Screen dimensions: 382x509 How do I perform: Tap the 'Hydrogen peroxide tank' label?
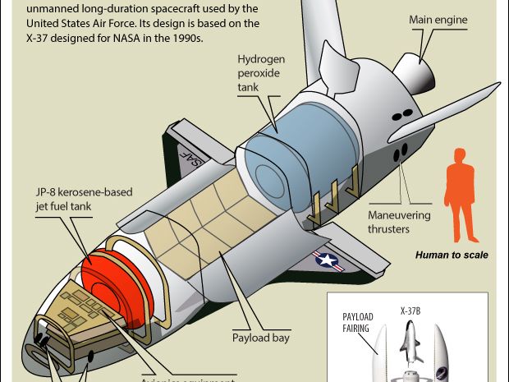(x=262, y=73)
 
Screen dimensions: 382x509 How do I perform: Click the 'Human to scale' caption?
(x=451, y=255)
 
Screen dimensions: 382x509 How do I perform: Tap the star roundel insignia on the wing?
(x=326, y=261)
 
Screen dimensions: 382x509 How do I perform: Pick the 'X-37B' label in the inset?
(x=410, y=311)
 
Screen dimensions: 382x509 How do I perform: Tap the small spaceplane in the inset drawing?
(x=410, y=340)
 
